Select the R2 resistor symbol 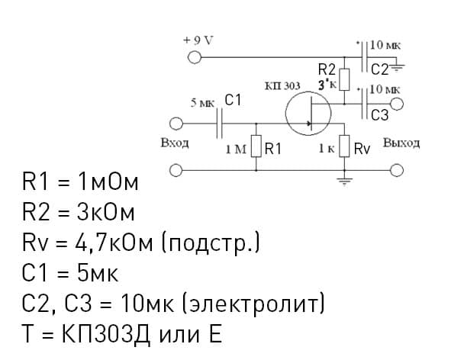coord(344,79)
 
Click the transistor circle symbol coord(308,114)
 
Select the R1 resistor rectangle coord(256,147)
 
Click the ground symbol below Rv coord(344,179)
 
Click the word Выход coord(401,143)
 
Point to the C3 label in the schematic coord(380,115)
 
